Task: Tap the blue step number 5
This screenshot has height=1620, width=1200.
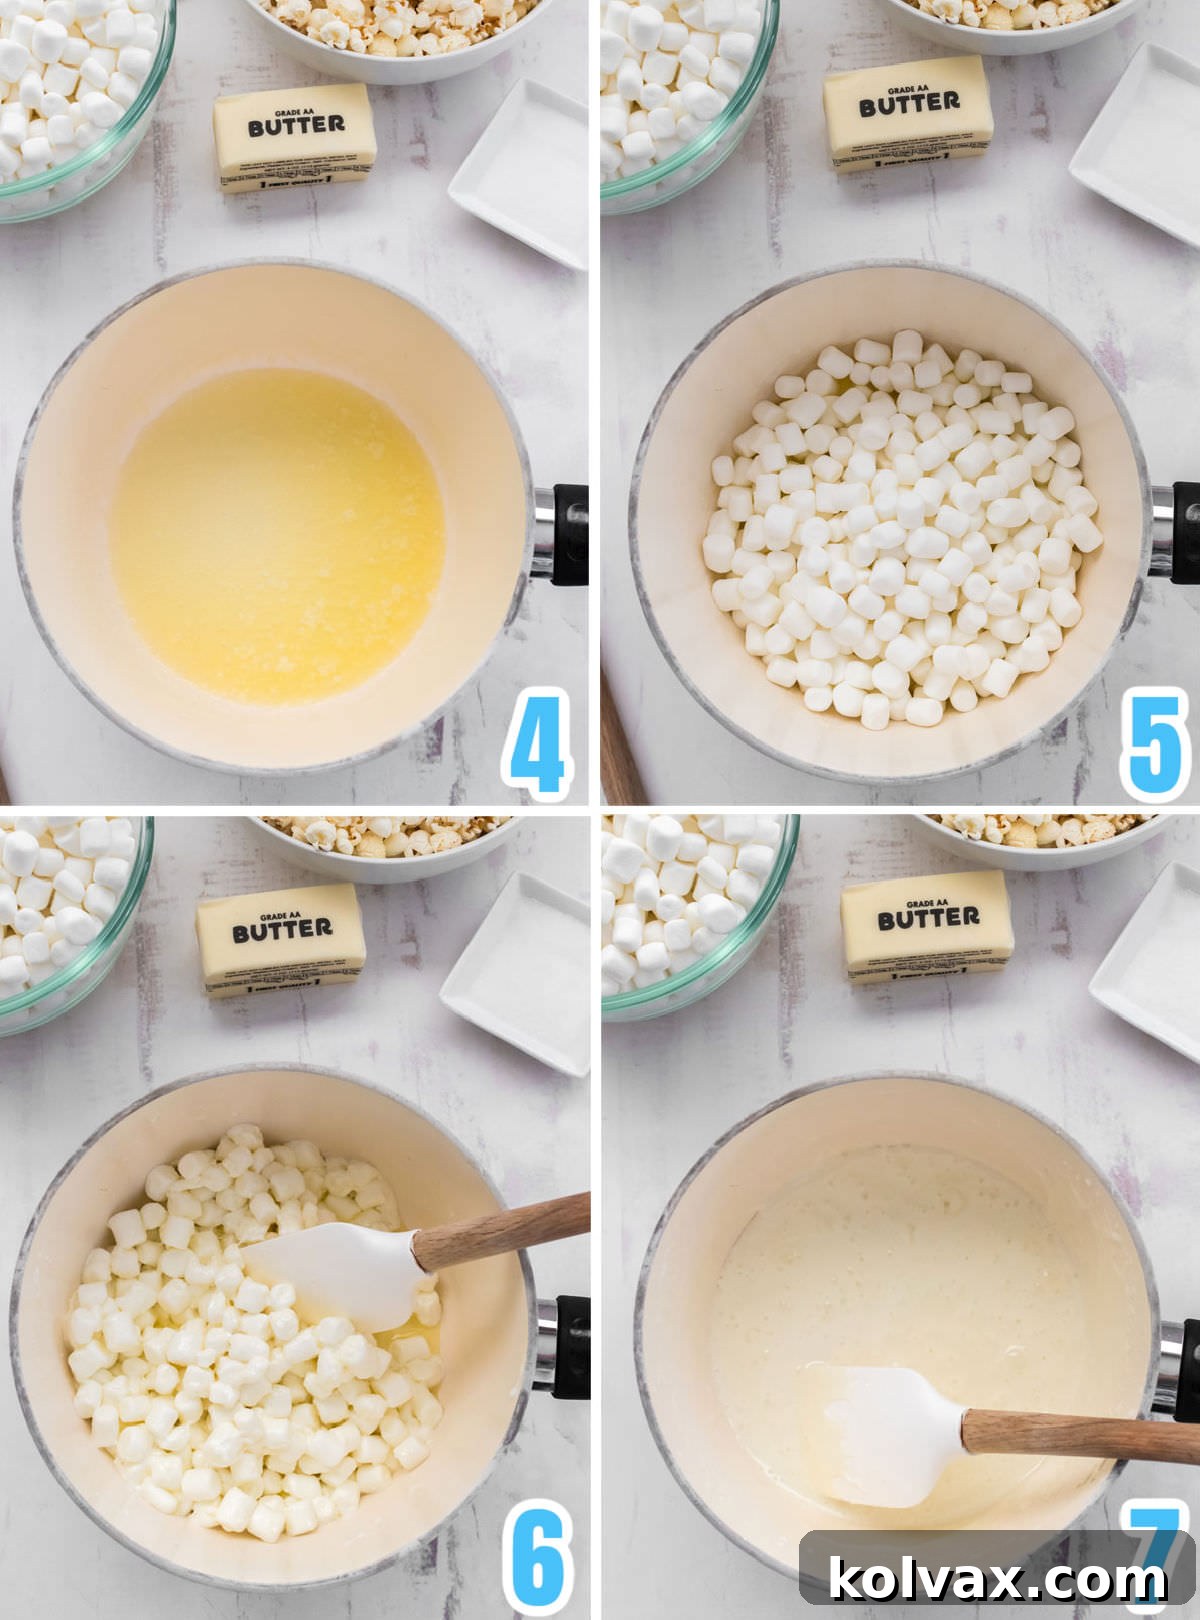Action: click(1154, 741)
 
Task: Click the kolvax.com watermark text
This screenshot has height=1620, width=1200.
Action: click(997, 1580)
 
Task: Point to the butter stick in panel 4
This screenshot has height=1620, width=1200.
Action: click(295, 137)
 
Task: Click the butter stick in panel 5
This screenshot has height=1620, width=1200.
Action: click(908, 113)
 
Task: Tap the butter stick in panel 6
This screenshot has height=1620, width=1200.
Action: click(281, 940)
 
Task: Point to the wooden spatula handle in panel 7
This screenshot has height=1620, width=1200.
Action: click(1080, 1435)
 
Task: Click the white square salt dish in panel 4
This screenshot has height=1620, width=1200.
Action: click(520, 175)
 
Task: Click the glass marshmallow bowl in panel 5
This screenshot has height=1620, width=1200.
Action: click(680, 100)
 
